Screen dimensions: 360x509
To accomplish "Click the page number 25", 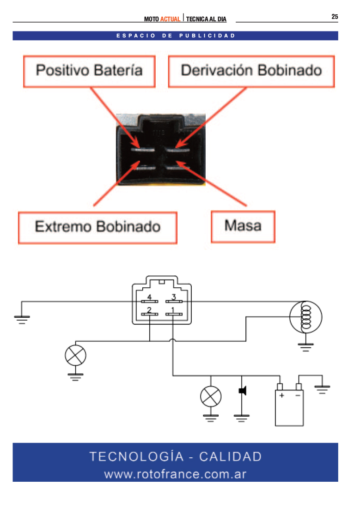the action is coord(335,17).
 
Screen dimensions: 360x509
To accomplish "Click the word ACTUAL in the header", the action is coord(170,19).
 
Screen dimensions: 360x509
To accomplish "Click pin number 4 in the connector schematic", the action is coord(149,297).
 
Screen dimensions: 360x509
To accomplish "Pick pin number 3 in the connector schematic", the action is coord(174,297).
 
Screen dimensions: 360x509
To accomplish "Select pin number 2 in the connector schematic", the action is coord(149,310).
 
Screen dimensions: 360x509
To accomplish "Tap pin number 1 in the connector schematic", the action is coord(173,310).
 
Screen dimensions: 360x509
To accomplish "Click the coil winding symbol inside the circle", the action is coord(306,317).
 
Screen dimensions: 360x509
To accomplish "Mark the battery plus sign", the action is coord(282,395).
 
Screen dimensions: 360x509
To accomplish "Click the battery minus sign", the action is coord(298,395).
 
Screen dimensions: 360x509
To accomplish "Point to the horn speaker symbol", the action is coord(243,390).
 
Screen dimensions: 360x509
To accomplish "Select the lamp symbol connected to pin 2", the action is coord(75,356).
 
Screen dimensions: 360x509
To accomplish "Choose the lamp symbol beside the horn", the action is coord(211,397).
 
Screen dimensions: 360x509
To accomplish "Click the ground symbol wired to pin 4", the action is coord(22,320).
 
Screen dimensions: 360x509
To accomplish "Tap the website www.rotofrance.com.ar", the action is coord(176,474).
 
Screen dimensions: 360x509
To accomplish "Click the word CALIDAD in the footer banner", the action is coord(230,457).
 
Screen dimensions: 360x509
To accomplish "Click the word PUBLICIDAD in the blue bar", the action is coord(207,36).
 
